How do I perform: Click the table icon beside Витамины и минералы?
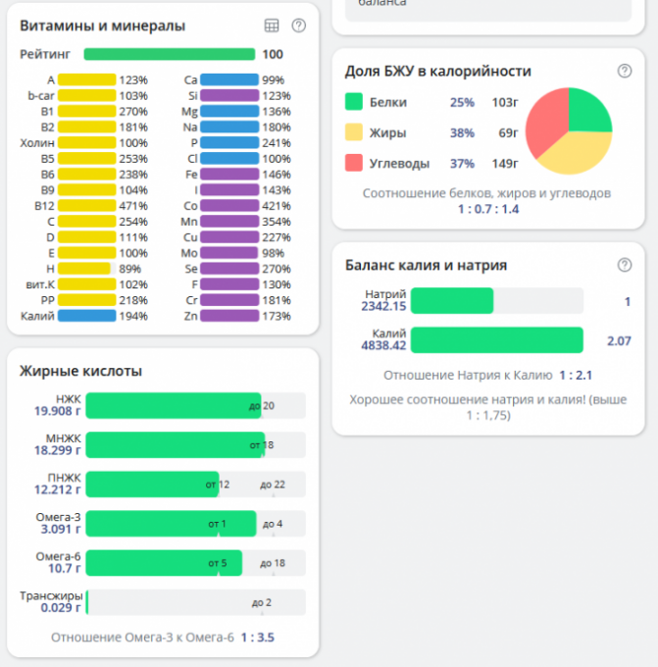click(273, 26)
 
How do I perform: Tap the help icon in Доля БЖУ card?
click(625, 71)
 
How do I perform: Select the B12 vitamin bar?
click(86, 207)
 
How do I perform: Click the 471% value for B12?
click(133, 207)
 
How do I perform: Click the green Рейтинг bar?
click(169, 55)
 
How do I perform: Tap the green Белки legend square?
click(354, 102)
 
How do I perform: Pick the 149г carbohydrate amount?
click(504, 163)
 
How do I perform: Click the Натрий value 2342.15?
click(383, 307)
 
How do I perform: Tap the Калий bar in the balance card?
click(496, 340)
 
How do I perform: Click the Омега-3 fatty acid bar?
click(171, 523)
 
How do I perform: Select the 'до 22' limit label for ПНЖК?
click(272, 484)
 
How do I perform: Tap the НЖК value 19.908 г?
click(55, 411)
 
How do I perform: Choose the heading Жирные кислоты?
click(80, 371)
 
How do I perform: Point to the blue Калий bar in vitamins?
click(86, 316)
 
